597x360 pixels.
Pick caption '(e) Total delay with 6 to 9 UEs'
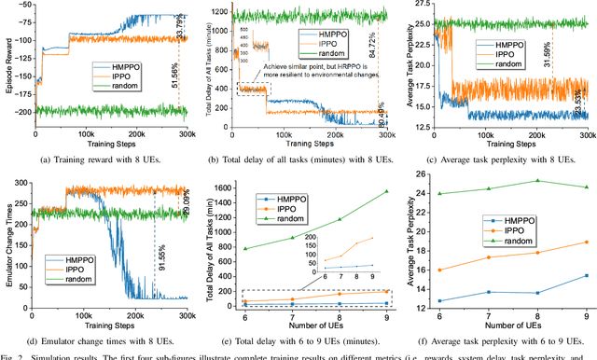tap(303, 338)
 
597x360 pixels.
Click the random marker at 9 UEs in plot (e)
tap(386, 191)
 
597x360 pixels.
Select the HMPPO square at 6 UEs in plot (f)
tap(440, 300)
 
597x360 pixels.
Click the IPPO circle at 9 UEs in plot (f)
tap(585, 242)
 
